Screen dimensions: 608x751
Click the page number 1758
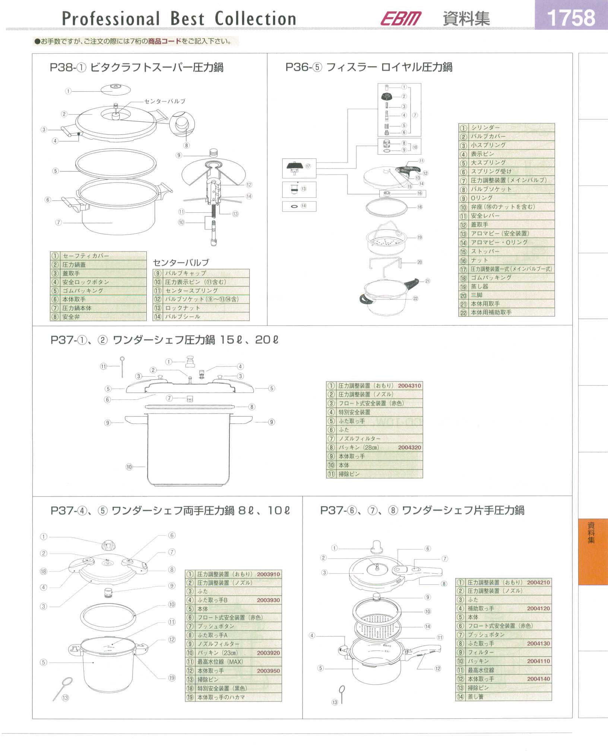tap(571, 18)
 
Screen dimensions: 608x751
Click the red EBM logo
tap(401, 18)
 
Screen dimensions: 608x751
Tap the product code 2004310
tap(409, 386)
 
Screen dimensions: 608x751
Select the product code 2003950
tap(268, 671)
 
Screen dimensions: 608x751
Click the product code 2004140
tap(538, 679)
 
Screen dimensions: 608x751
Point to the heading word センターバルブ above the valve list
tap(181, 262)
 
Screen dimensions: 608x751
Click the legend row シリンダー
tap(507, 128)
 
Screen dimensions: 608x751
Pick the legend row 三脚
tap(507, 295)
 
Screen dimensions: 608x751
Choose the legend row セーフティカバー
tap(98, 256)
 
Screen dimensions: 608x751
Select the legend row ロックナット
tap(201, 308)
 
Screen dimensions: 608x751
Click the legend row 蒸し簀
tap(503, 697)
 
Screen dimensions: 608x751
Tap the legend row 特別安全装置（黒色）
tap(233, 688)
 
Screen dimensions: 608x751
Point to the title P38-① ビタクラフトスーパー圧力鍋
tap(137, 67)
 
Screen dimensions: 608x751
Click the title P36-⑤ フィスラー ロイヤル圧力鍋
tap(369, 67)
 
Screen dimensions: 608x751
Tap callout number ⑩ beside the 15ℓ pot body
tap(129, 467)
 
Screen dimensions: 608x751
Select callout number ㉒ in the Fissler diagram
tap(415, 298)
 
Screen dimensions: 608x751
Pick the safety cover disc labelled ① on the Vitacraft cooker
tap(116, 89)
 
